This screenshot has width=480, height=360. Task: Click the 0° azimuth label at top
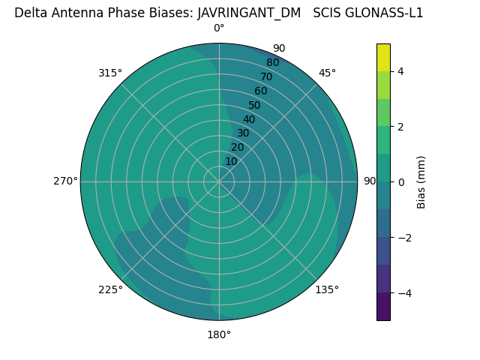pyautogui.click(x=219, y=28)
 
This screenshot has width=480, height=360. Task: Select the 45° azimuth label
pyautogui.click(x=327, y=73)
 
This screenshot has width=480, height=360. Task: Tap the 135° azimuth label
pyautogui.click(x=327, y=289)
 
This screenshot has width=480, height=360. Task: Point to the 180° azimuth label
pyautogui.click(x=219, y=334)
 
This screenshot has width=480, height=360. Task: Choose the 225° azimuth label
pyautogui.click(x=110, y=289)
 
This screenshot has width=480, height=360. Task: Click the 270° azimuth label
pyautogui.click(x=65, y=181)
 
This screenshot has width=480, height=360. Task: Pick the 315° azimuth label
pyautogui.click(x=110, y=73)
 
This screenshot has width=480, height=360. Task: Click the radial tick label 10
pyautogui.click(x=231, y=161)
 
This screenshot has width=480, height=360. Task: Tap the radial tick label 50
pyautogui.click(x=255, y=106)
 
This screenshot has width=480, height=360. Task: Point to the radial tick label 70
pyautogui.click(x=266, y=77)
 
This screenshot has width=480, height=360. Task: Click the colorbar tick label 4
pyautogui.click(x=400, y=71)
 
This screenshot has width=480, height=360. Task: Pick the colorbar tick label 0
pyautogui.click(x=400, y=182)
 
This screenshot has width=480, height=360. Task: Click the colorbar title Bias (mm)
pyautogui.click(x=421, y=181)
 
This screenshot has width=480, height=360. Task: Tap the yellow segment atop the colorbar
pyautogui.click(x=383, y=57)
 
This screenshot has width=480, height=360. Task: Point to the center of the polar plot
pyautogui.click(x=219, y=181)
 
